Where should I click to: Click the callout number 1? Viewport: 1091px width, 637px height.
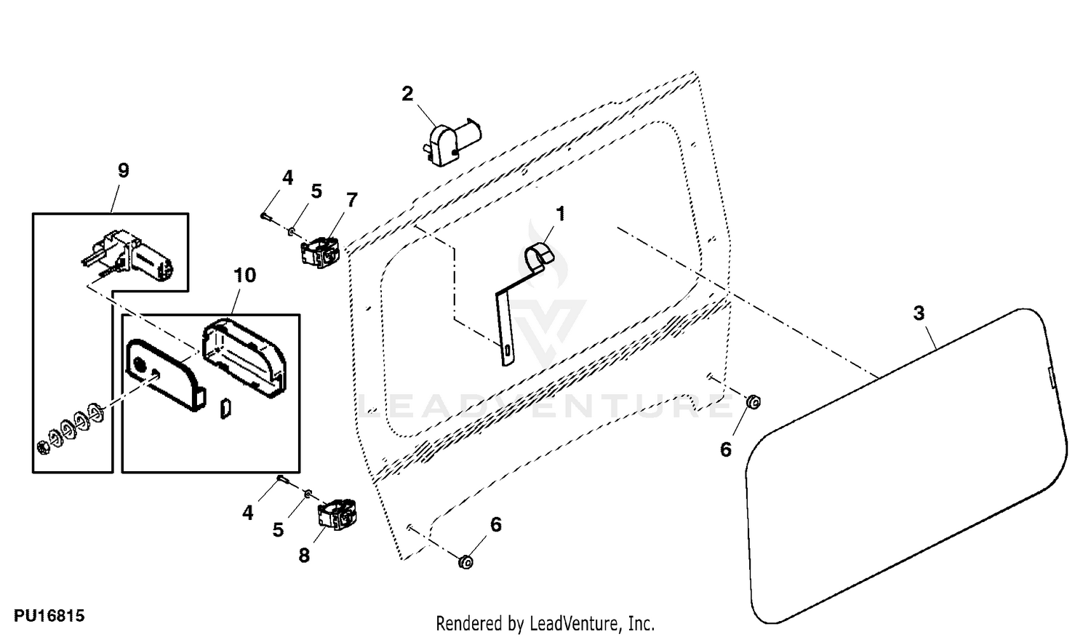point(561,213)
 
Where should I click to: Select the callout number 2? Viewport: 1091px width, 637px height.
point(407,94)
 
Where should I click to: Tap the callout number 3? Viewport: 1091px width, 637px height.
point(919,313)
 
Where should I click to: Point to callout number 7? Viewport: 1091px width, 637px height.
point(351,200)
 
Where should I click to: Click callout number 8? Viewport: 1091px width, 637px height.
point(304,555)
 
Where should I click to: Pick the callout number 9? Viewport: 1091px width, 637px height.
point(123,170)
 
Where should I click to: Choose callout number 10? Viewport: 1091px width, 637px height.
point(244,275)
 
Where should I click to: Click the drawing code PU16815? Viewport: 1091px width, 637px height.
point(49,616)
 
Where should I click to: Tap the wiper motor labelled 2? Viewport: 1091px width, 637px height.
point(450,143)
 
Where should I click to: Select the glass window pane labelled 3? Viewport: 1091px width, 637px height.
point(906,465)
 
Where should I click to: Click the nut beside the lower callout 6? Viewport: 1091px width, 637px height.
point(465,562)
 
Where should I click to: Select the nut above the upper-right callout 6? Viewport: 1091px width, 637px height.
point(754,402)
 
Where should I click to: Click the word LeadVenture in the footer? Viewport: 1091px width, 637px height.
point(575,623)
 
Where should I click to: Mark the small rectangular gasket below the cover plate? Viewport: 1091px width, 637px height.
point(225,409)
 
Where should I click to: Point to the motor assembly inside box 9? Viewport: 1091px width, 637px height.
point(128,257)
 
